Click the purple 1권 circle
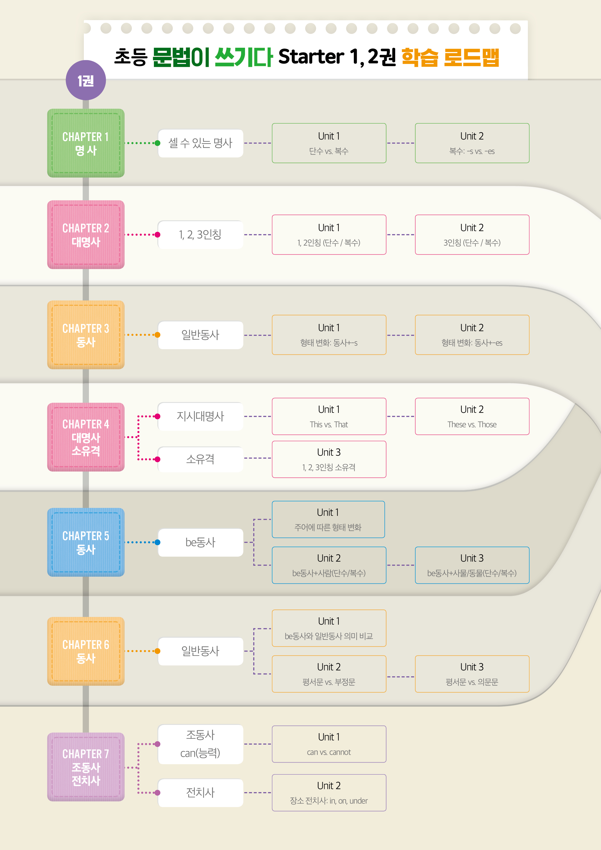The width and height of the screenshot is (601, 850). coord(86,80)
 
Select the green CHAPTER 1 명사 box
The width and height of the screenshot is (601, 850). coord(86,143)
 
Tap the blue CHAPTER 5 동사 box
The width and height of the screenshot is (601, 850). coord(86,542)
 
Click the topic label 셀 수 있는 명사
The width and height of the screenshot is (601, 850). coord(200,143)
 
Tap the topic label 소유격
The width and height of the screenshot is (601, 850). coord(200,459)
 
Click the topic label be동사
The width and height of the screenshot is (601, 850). coord(200,542)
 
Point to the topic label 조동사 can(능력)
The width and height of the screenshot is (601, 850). coord(200,744)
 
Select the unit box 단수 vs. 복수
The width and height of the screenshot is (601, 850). coord(329,143)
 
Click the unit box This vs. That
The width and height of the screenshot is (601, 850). coord(329,417)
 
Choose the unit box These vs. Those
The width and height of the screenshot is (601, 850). coord(472,417)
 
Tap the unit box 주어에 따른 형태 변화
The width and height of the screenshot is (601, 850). coord(328,519)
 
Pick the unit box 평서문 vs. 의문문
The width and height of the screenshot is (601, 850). coord(472,674)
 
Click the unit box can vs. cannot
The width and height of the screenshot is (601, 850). coord(329,744)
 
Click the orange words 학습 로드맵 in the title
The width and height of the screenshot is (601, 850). coord(450,57)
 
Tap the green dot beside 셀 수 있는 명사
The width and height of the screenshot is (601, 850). coord(157,143)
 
